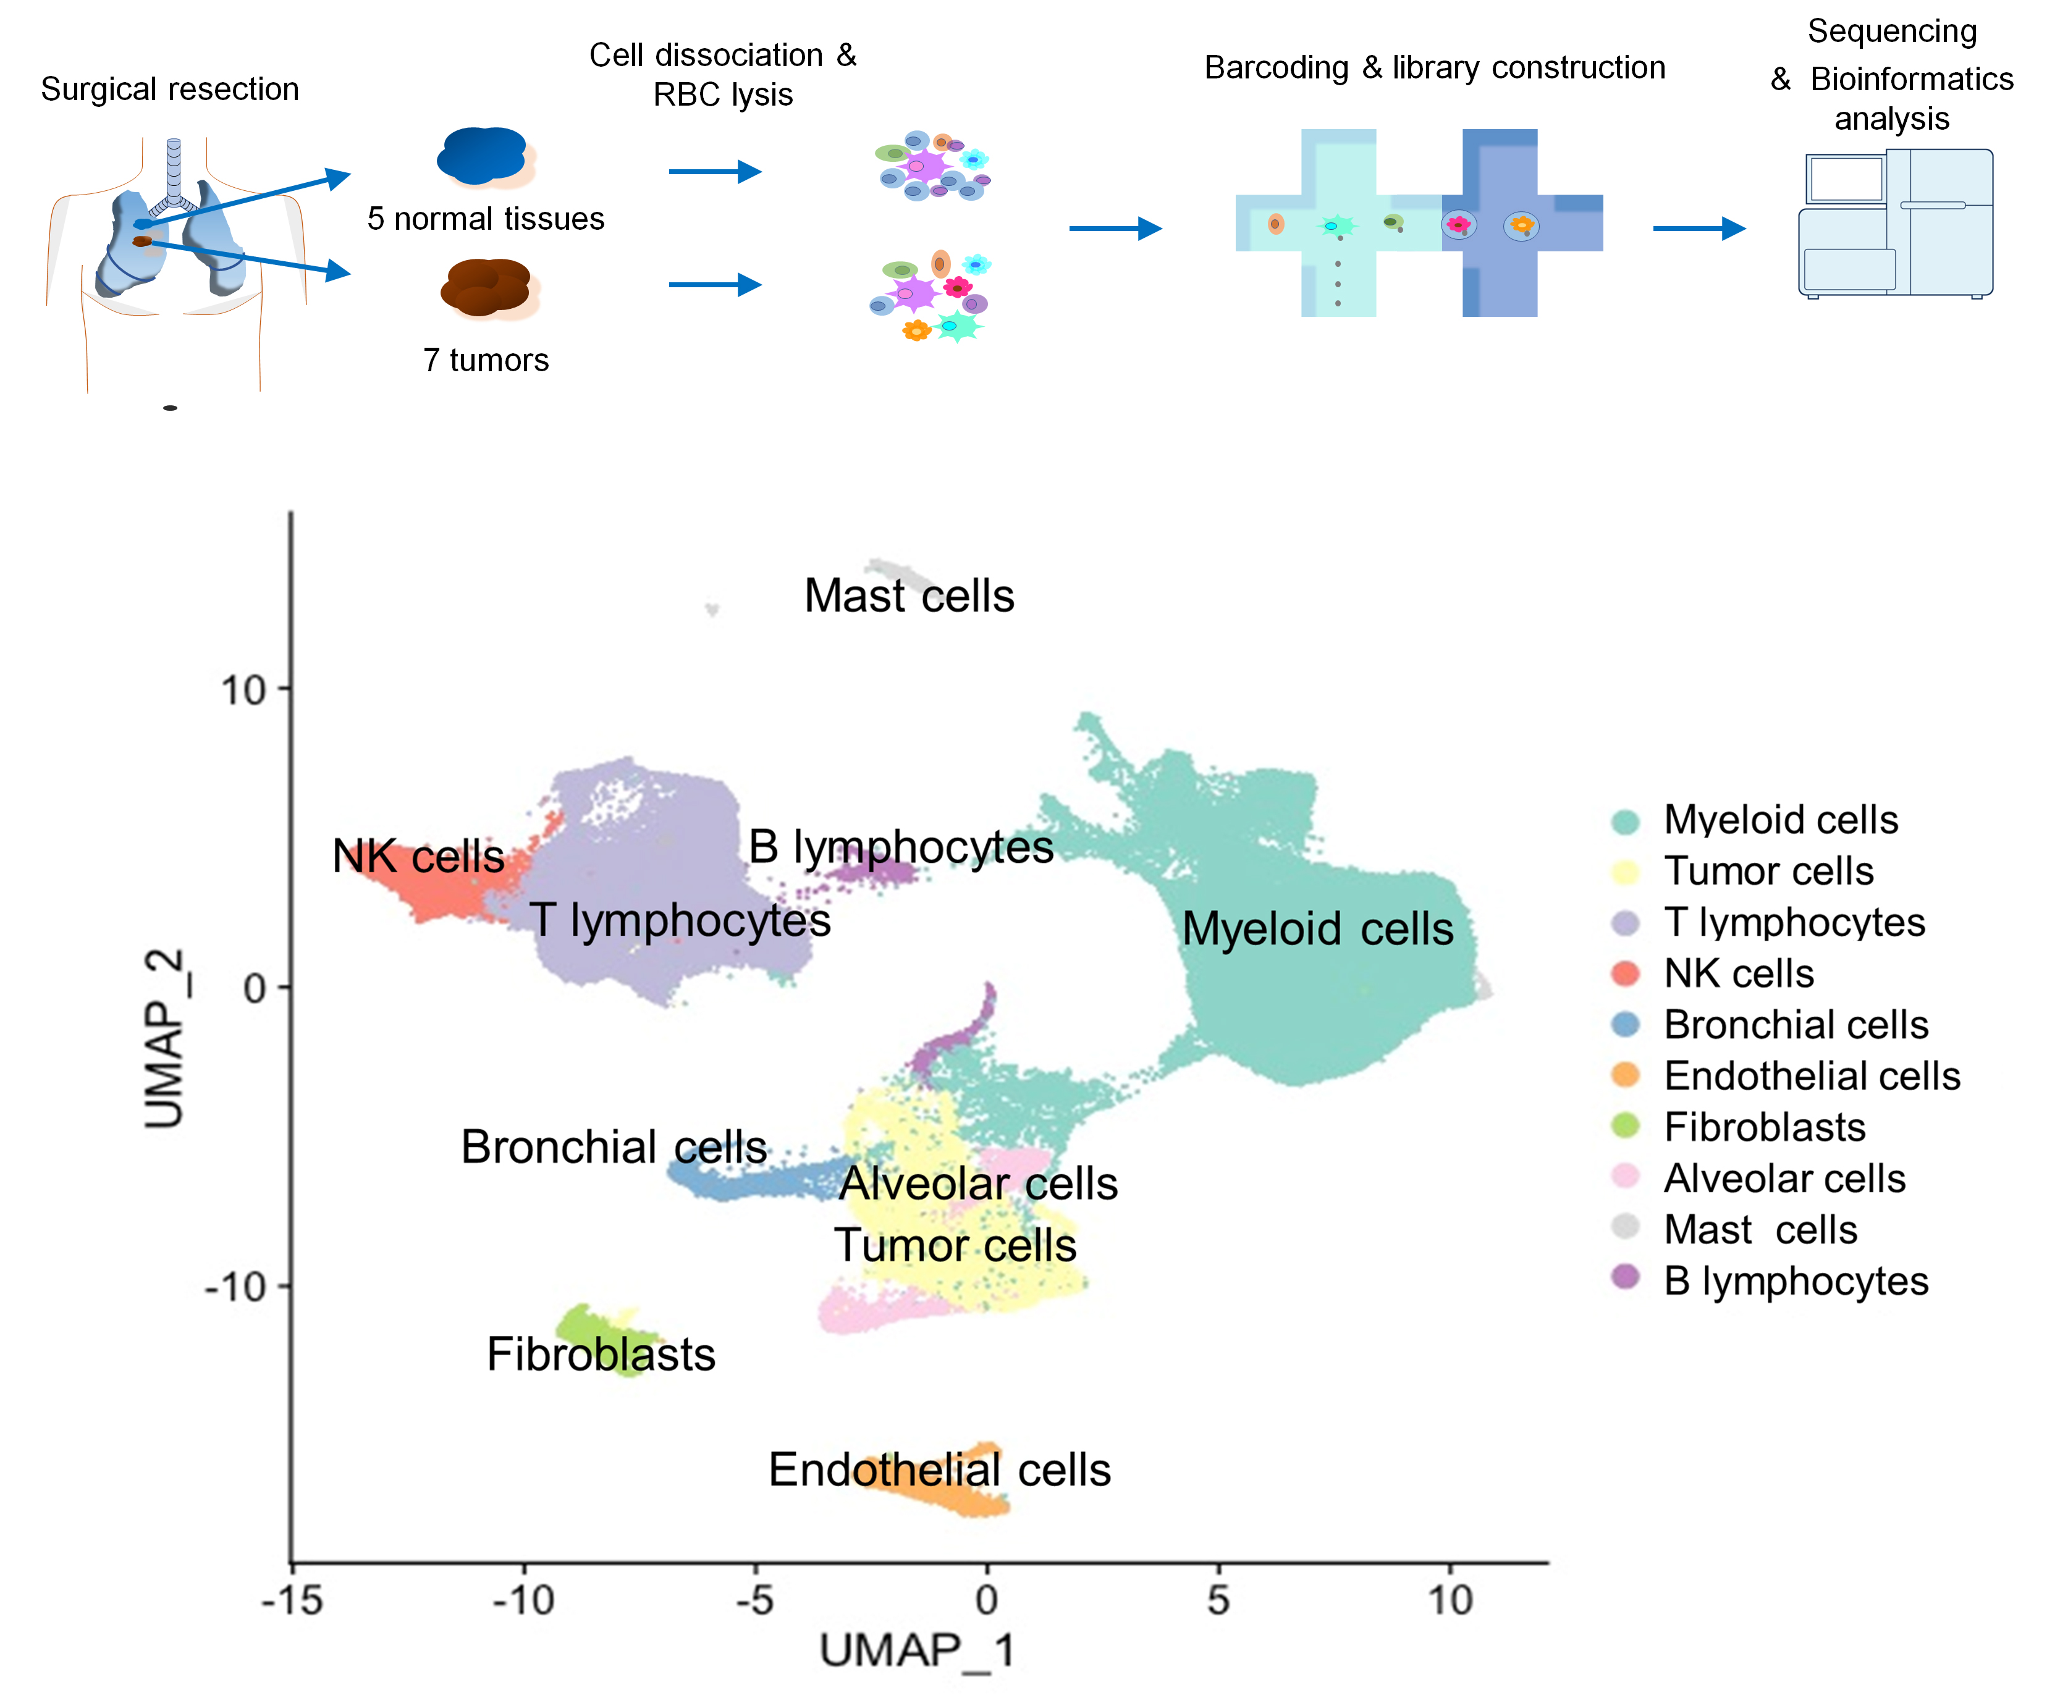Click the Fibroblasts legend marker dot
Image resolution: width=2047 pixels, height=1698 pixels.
tap(1625, 1126)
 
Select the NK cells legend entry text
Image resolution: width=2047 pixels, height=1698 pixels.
tap(1738, 973)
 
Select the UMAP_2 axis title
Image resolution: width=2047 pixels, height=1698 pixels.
tap(164, 1038)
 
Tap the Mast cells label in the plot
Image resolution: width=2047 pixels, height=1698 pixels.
tap(908, 595)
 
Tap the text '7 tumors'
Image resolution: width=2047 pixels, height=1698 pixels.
tap(486, 359)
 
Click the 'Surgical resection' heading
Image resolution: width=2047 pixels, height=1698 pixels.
tap(170, 89)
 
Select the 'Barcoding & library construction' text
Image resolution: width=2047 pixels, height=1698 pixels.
tap(1434, 67)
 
